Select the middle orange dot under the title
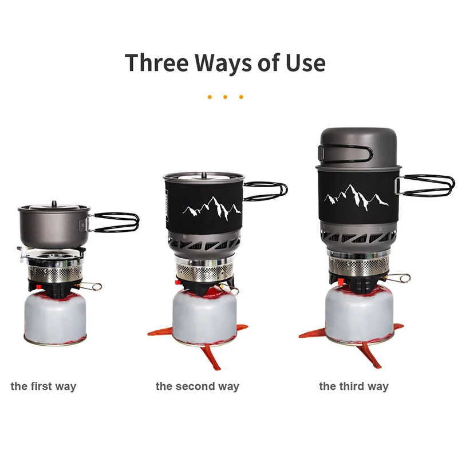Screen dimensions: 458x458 [x=225, y=97]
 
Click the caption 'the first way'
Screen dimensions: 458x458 [x=43, y=386]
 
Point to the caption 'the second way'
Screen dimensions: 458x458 [x=197, y=386]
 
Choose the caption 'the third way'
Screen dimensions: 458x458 [x=353, y=386]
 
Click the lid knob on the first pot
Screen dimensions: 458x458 [x=53, y=203]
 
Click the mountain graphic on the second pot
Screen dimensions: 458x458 [x=211, y=208]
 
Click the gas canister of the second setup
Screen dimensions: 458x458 [x=204, y=318]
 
